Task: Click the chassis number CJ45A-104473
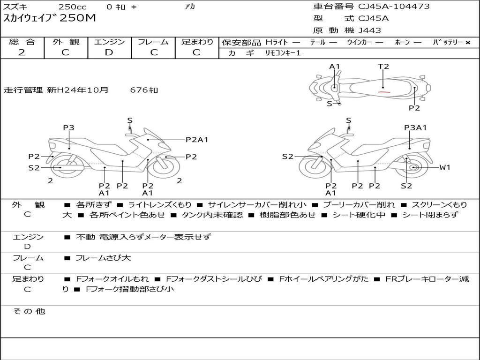[394, 6]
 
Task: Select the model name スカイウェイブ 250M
[49, 18]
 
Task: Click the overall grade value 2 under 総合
[22, 52]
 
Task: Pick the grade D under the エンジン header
[109, 52]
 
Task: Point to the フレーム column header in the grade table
[153, 42]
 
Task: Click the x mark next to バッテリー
[468, 43]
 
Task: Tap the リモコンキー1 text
[283, 53]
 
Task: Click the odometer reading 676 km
[144, 90]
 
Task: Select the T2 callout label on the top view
[383, 67]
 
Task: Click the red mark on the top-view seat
[384, 91]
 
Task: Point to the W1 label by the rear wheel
[445, 167]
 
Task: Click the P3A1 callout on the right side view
[415, 127]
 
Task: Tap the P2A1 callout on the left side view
[197, 140]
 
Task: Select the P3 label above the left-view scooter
[68, 127]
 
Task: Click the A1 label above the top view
[335, 67]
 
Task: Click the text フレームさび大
[103, 258]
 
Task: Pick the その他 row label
[29, 311]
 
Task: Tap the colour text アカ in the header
[190, 6]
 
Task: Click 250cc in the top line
[73, 7]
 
